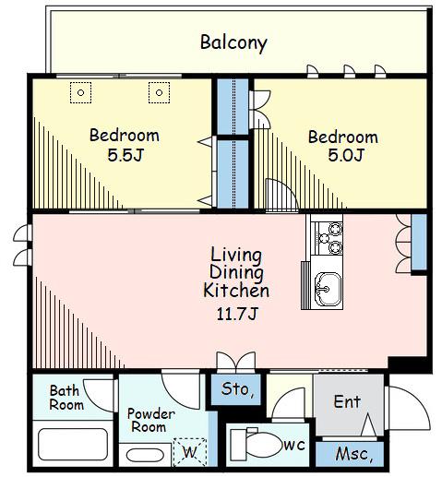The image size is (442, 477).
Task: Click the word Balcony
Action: (233, 42)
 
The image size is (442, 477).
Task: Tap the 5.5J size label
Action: (125, 155)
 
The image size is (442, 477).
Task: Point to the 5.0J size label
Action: (346, 155)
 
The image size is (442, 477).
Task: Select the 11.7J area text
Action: (236, 314)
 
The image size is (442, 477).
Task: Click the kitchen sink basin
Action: (329, 289)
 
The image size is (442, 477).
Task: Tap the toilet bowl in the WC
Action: (264, 445)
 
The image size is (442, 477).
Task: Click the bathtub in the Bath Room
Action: (73, 444)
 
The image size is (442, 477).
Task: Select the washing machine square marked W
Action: (190, 452)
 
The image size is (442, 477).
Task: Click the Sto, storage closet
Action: (236, 388)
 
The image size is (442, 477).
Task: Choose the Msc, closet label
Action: (354, 454)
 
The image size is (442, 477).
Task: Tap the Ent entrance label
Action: (347, 401)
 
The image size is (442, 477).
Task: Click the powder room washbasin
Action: (145, 456)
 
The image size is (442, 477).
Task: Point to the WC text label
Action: (294, 445)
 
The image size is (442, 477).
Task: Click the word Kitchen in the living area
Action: (236, 291)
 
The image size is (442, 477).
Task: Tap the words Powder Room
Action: (150, 421)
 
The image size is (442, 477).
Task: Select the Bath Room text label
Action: (66, 398)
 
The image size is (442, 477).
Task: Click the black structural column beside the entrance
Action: (408, 364)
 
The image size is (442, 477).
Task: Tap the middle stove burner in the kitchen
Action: (324, 238)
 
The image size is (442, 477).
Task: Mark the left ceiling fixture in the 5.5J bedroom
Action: (80, 92)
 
